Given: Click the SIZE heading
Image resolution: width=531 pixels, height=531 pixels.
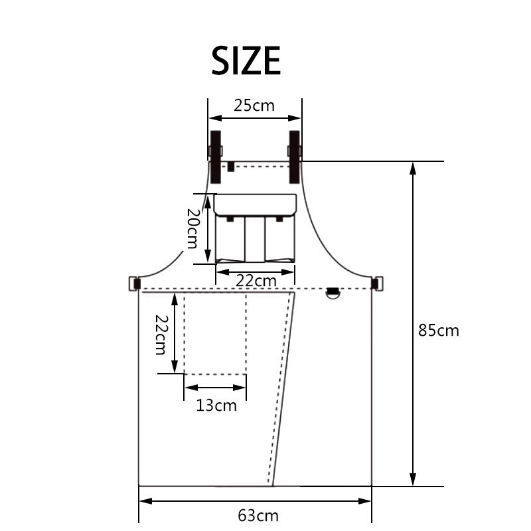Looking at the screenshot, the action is pyautogui.click(x=246, y=60).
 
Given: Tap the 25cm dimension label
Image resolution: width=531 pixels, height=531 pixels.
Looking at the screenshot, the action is pyautogui.click(x=254, y=106).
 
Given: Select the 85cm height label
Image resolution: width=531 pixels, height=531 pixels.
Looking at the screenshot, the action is pyautogui.click(x=439, y=330).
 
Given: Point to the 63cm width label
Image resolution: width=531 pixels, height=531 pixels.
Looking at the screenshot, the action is pyautogui.click(x=258, y=516).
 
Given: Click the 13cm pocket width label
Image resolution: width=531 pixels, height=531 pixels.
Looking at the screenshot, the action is pyautogui.click(x=216, y=405).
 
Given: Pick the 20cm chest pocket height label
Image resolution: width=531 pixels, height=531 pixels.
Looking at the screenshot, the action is pyautogui.click(x=192, y=228).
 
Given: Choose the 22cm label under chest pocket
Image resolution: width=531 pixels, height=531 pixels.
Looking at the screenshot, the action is pyautogui.click(x=256, y=281).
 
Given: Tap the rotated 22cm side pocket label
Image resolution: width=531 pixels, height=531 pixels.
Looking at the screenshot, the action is pyautogui.click(x=161, y=335).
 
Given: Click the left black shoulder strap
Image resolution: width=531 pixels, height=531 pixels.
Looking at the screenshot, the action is pyautogui.click(x=216, y=157).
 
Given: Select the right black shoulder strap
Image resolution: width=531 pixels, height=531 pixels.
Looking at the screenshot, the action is pyautogui.click(x=295, y=157).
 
